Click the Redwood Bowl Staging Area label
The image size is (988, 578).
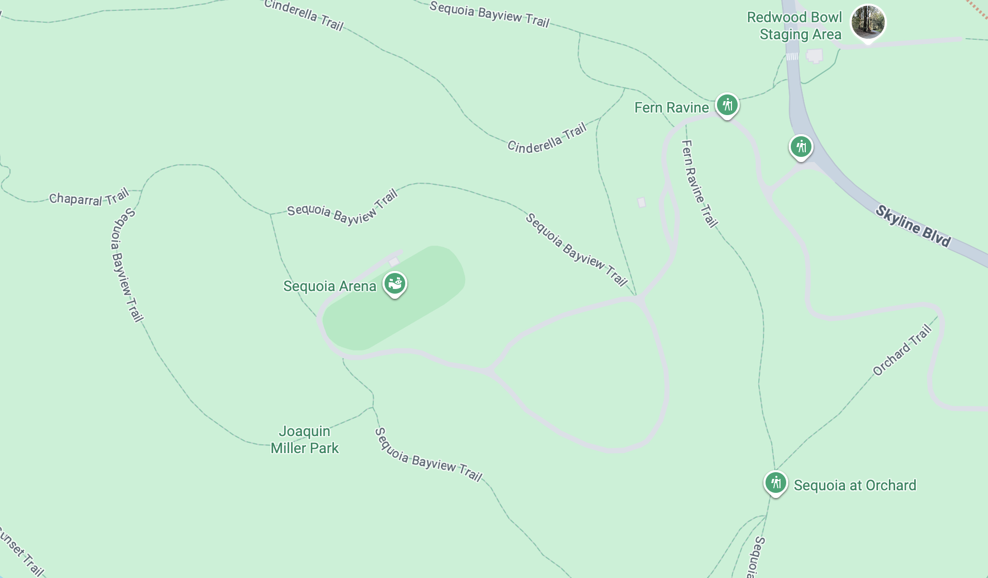click(794, 26)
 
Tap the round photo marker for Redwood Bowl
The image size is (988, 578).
click(868, 22)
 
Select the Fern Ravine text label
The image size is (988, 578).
click(671, 107)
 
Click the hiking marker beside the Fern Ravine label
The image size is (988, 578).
click(727, 105)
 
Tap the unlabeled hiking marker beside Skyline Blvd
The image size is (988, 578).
click(801, 147)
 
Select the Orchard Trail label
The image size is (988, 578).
click(902, 349)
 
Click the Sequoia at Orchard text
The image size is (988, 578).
click(855, 485)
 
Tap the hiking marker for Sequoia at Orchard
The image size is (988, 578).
click(775, 483)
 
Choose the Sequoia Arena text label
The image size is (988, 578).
click(330, 286)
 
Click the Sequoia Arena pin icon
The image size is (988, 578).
click(395, 283)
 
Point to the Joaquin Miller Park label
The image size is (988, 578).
click(305, 440)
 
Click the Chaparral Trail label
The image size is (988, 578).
click(88, 198)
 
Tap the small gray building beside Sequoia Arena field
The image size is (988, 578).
click(394, 262)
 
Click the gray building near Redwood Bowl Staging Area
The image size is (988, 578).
click(815, 55)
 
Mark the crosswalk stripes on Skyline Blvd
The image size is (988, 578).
click(792, 56)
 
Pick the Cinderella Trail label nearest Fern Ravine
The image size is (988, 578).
click(547, 138)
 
